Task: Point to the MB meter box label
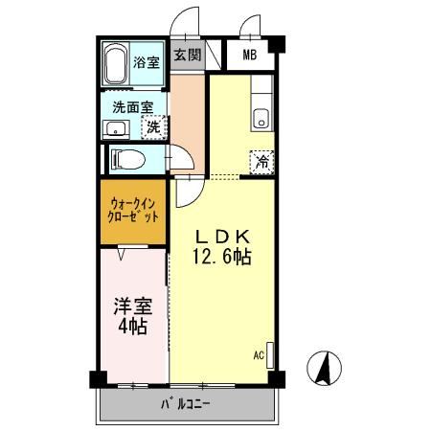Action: click(249, 55)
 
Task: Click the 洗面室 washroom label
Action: click(131, 106)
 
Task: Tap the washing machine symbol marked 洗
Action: click(153, 126)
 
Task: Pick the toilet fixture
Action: click(129, 158)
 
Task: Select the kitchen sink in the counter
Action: click(261, 119)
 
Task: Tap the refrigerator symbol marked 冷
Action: click(261, 163)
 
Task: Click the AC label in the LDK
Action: click(259, 354)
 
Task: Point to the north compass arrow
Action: click(324, 368)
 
